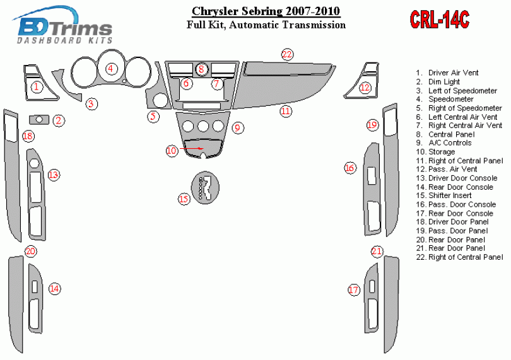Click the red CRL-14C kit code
click(x=440, y=20)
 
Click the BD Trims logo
click(x=64, y=25)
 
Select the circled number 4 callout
click(x=111, y=69)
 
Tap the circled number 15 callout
click(x=184, y=199)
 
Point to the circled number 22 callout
click(x=287, y=54)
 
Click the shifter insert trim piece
click(x=205, y=188)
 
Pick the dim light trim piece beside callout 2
click(x=39, y=120)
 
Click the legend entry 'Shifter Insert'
click(x=444, y=195)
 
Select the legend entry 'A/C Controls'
click(x=444, y=143)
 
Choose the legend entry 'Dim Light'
click(x=438, y=82)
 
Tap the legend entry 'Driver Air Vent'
click(x=447, y=73)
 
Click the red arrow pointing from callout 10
click(x=191, y=149)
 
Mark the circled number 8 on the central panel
click(x=201, y=69)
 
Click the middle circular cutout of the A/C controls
click(x=203, y=126)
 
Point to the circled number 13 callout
click(x=54, y=175)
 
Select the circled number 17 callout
click(x=353, y=289)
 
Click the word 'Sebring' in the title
click(x=262, y=11)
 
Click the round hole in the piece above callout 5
click(x=160, y=100)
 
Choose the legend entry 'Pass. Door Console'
click(x=456, y=205)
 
